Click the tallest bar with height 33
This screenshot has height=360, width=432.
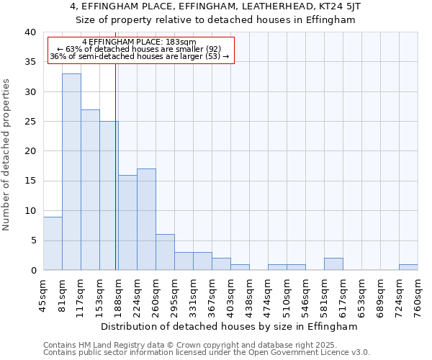point(71,172)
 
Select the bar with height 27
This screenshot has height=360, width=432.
point(90,190)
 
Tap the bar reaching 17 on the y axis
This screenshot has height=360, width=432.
point(146,220)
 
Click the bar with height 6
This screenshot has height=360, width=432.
point(165,252)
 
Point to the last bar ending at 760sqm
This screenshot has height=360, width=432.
point(408,267)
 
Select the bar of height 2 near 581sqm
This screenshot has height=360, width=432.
point(333,264)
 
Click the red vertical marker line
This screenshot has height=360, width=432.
point(115,180)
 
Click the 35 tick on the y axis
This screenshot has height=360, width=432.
point(30,62)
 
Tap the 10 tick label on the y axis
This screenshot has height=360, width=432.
point(30,211)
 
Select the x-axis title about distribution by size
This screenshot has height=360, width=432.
point(229,326)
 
